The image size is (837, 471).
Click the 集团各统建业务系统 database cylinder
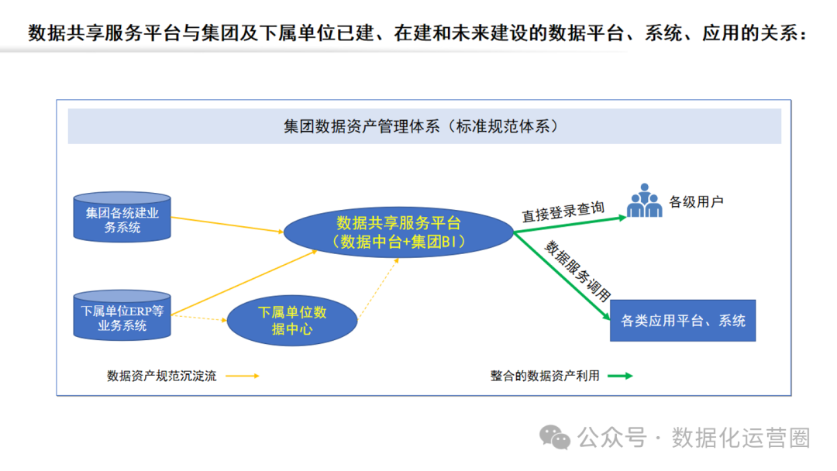pos(122,216)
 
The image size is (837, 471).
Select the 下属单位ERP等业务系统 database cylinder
pos(122,315)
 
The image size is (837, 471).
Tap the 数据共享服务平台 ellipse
pos(398,232)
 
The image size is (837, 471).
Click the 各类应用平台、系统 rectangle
pos(683,320)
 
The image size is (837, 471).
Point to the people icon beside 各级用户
pos(644,200)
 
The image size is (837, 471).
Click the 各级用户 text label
pos(696,203)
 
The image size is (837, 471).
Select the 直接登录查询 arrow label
pos(563,211)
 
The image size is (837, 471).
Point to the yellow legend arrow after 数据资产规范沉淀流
pos(242,376)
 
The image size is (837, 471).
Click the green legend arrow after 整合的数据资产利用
pos(619,376)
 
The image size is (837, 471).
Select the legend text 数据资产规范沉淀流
pos(161,376)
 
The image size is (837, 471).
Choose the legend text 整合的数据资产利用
pos(545,376)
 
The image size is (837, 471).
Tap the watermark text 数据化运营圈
pos(741,438)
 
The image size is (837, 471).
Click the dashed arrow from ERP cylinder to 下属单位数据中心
pos(198,318)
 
